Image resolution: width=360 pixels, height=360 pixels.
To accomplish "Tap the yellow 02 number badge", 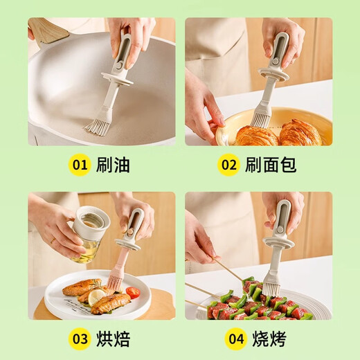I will tap(228, 165).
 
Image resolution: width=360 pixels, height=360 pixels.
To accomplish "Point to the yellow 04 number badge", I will tap(236, 339).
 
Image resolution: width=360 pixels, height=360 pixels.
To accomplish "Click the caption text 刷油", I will tap(114, 165).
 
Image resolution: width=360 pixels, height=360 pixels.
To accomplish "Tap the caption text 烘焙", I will tap(114, 339).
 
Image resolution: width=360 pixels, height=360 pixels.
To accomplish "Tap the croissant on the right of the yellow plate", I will tap(300, 133).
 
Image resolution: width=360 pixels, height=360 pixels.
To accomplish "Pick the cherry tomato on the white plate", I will tap(133, 293).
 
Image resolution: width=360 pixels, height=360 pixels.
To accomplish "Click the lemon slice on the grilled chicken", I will tap(97, 296).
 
